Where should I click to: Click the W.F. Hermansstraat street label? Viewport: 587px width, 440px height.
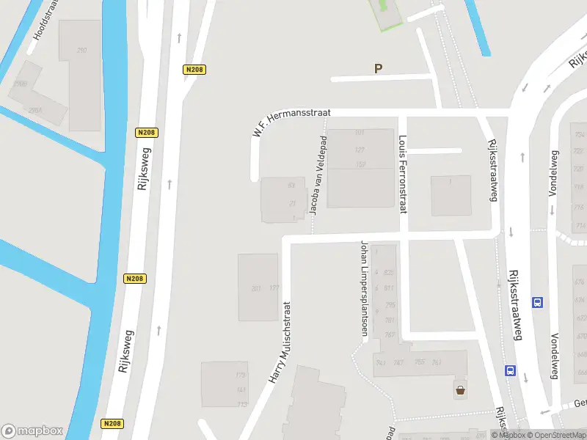pos(291,122)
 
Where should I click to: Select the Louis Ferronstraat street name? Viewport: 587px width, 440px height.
pos(402,174)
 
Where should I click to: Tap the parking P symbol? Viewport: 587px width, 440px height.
pos(379,69)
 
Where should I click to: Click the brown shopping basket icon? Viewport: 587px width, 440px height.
pos(460,390)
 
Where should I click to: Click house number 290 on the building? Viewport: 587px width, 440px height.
pos(81,50)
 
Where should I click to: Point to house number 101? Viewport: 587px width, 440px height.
pos(359,133)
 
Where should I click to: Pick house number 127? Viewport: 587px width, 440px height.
pos(360,150)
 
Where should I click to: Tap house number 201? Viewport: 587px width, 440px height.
pos(256,287)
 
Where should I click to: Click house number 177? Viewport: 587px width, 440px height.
pos(274,287)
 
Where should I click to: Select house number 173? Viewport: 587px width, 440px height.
pos(241,375)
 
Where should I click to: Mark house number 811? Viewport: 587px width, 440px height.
pos(389,288)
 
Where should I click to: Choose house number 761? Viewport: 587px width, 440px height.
pos(437,362)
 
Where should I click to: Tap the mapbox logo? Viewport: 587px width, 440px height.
pos(32,431)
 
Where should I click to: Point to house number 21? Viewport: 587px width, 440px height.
pos(293,203)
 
